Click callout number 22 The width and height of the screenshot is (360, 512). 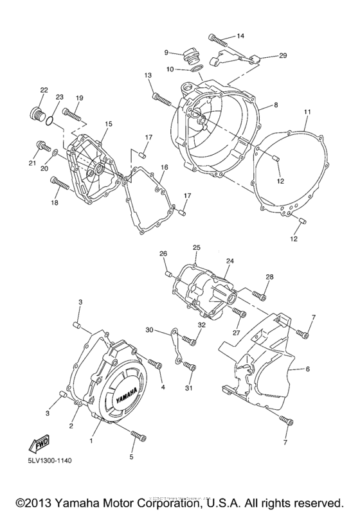point(44,90)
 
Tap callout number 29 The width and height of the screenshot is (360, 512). point(282,56)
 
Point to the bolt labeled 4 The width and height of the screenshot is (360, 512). point(155,365)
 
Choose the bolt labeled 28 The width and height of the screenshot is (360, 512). point(260,296)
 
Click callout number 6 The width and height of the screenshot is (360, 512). point(307,369)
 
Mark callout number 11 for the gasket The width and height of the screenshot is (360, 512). point(307,112)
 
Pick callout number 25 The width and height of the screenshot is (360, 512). point(197,247)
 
